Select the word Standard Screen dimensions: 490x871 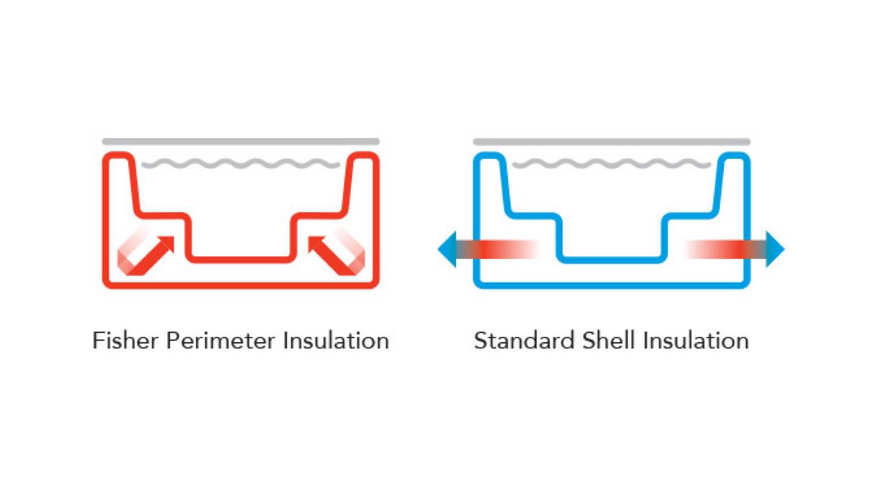click(x=524, y=341)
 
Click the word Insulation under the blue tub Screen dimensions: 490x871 click(x=696, y=341)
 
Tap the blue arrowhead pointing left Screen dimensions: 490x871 click(x=447, y=249)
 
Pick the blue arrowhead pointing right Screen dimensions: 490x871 click(x=775, y=249)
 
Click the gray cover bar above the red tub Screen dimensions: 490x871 click(x=241, y=142)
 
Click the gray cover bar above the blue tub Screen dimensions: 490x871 click(x=612, y=142)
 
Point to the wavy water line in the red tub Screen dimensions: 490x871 click(x=241, y=164)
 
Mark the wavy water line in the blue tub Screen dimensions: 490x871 click(x=612, y=164)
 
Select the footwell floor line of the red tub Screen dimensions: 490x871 click(x=241, y=260)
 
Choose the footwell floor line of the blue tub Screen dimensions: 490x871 click(x=612, y=260)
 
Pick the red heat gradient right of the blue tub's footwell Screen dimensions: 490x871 click(x=720, y=249)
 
